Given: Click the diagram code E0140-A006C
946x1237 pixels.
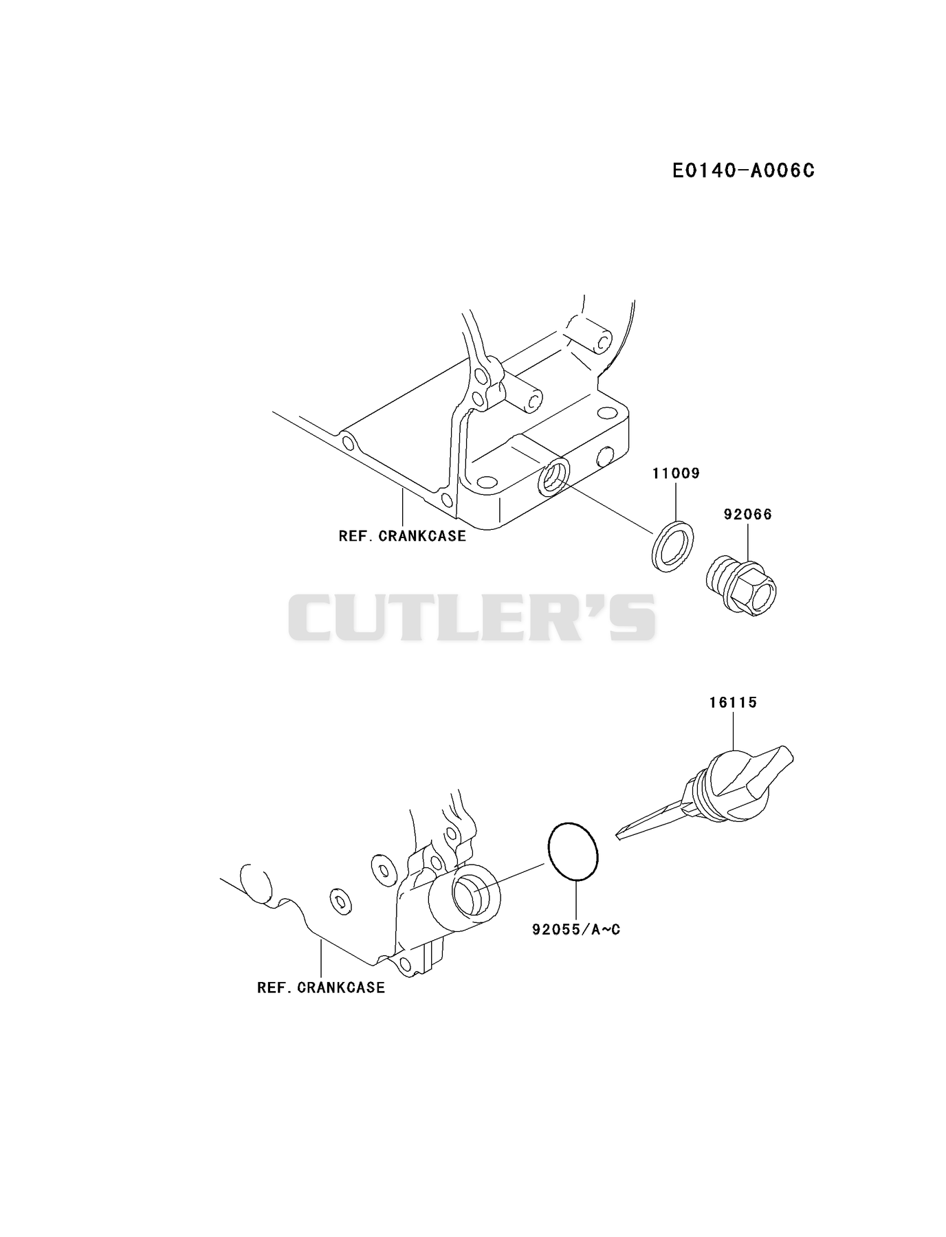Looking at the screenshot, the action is pos(743,170).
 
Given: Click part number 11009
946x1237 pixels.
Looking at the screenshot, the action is pos(676,473).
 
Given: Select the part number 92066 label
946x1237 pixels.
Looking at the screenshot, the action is pos(747,514).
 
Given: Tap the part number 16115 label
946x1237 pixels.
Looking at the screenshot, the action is pos(733,702).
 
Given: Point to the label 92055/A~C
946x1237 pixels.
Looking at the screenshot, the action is pos(576,930).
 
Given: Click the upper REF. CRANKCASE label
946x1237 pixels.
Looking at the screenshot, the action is pos(402,536).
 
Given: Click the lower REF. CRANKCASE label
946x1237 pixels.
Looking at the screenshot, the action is pos(321,988).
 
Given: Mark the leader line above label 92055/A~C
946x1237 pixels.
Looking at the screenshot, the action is pos(575,901).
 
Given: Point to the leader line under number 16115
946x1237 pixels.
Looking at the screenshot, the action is pos(733,731).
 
